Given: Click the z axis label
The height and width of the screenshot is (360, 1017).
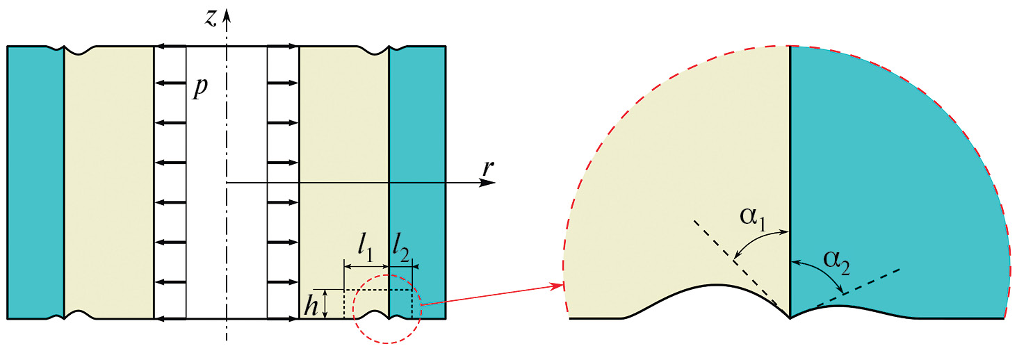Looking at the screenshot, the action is pyautogui.click(x=211, y=18).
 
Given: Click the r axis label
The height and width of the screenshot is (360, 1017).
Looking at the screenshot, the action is pyautogui.click(x=487, y=167).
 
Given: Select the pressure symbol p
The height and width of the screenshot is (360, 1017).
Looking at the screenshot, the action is pyautogui.click(x=200, y=88).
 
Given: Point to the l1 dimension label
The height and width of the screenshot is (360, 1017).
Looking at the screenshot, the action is pyautogui.click(x=366, y=249).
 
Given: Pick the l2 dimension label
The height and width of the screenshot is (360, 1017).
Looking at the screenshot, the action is pyautogui.click(x=401, y=249).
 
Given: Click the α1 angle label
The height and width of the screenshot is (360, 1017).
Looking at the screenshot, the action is pyautogui.click(x=753, y=218).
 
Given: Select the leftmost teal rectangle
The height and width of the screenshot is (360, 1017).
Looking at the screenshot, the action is pyautogui.click(x=35, y=183).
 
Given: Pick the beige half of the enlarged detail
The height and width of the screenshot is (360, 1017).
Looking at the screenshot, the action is pyautogui.click(x=681, y=181).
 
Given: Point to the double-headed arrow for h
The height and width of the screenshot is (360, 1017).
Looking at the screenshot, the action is pyautogui.click(x=325, y=304).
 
